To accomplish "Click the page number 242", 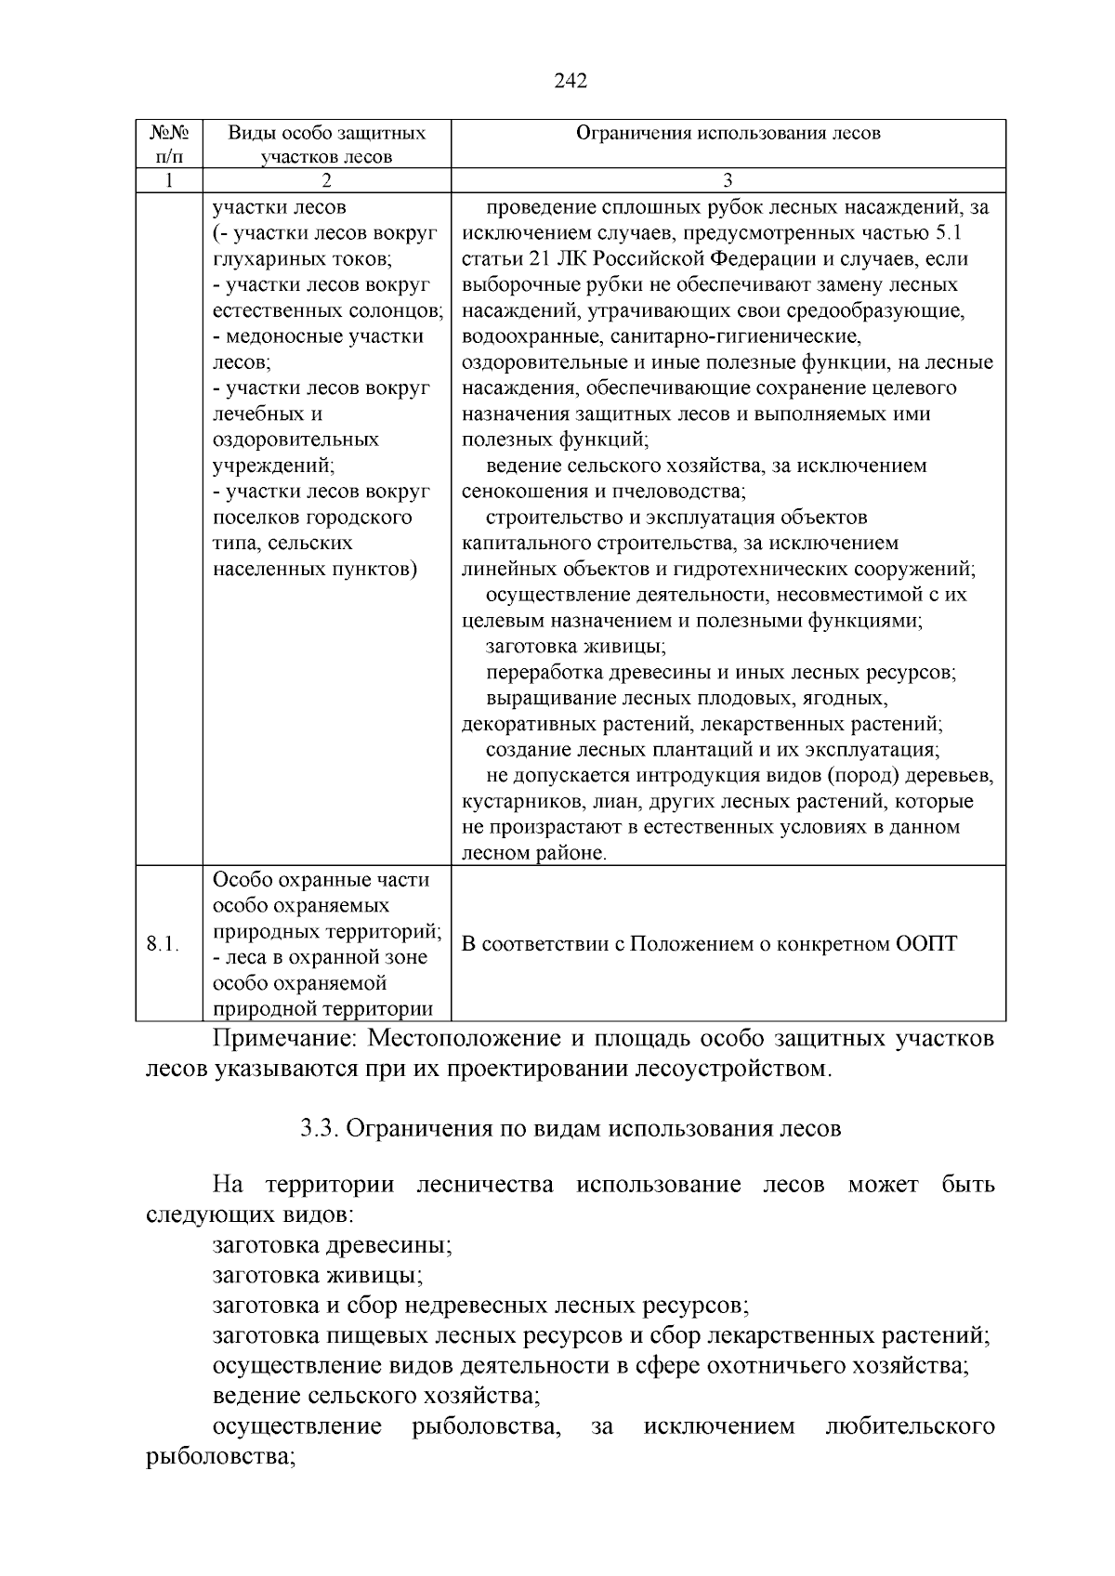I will [x=571, y=82].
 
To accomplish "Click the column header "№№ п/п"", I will [x=168, y=144].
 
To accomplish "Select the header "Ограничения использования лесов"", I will [x=728, y=133].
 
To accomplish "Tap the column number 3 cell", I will [x=728, y=180].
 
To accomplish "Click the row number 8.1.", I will [x=164, y=944].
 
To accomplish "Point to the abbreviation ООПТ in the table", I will [x=926, y=944].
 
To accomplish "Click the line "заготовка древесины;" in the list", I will [x=332, y=1245].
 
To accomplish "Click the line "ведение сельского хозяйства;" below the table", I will [x=376, y=1396].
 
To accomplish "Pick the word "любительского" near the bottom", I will [x=910, y=1426].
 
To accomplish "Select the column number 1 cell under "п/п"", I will [x=168, y=180].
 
